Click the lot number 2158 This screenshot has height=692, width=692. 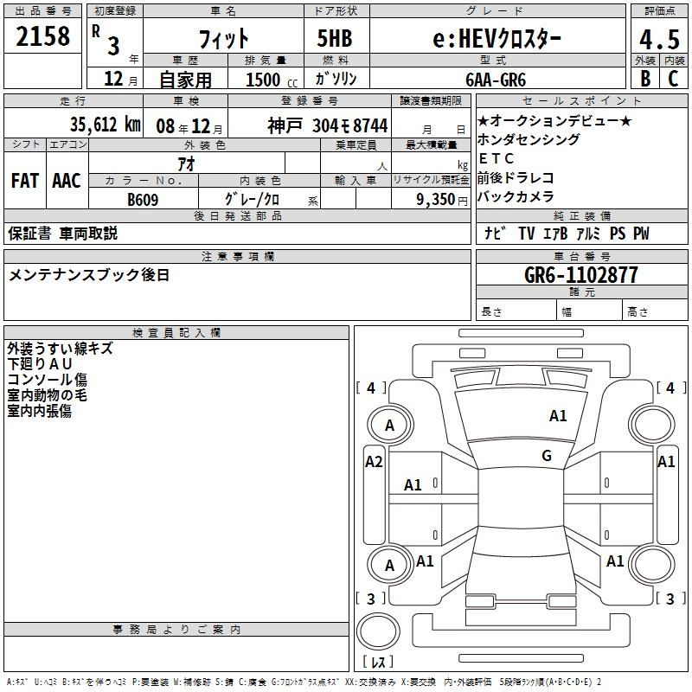pos(42,36)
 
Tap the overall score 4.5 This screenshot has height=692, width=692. pos(659,39)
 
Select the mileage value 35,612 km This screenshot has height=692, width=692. pos(105,125)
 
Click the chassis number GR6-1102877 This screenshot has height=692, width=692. pos(581,275)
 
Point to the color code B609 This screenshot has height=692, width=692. pos(143,200)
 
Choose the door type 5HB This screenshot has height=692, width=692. pos(335,38)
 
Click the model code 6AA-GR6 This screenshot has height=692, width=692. pos(496,80)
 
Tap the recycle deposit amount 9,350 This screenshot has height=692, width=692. pos(436,200)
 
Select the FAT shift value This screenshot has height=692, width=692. pos(25,181)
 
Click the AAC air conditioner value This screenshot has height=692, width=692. pos(67,181)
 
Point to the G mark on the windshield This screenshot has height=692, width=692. pos(547,456)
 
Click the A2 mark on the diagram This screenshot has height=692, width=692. pos(374,462)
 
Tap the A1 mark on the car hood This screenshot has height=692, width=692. pos(558,416)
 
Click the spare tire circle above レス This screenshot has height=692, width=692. pos(378,631)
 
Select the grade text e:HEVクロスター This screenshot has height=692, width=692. pos(497,39)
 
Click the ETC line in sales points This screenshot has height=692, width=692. pos(496,158)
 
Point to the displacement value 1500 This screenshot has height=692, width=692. pos(263,80)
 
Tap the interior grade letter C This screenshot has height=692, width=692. pos(673,79)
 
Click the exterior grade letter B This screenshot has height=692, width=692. pos(645,79)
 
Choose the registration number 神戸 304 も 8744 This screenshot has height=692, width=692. pos(328,125)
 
